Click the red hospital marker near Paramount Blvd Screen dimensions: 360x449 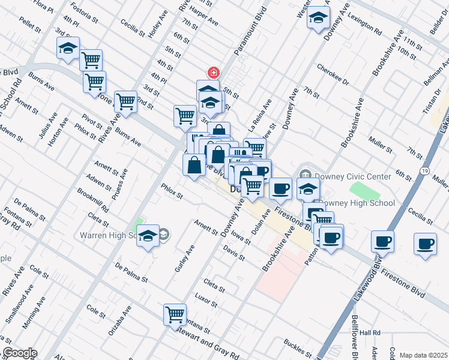pyautogui.click(x=212, y=73)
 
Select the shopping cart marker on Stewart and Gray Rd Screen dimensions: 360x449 pyautogui.click(x=175, y=314)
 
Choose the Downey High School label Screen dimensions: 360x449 pyautogui.click(x=357, y=203)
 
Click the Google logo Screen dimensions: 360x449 pyautogui.click(x=19, y=353)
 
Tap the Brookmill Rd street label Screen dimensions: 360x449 pyautogui.click(x=92, y=200)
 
